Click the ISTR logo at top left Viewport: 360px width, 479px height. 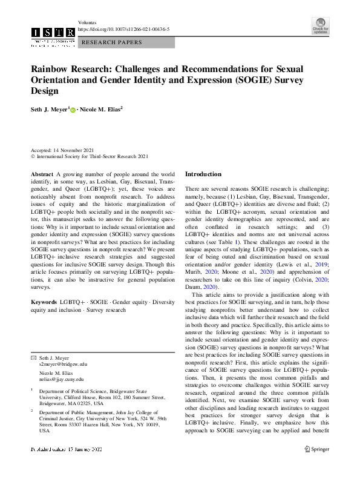pos(53,34)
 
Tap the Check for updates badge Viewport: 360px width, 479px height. pos(320,27)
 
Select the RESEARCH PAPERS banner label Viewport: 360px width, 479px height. pos(112,42)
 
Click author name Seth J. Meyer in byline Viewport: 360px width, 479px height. pos(50,110)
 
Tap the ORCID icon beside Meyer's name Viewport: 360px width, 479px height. pos(73,110)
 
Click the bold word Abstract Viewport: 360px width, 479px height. pos(41,174)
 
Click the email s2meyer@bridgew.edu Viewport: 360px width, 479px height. pos(63,364)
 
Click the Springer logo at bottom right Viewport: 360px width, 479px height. pos(316,466)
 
